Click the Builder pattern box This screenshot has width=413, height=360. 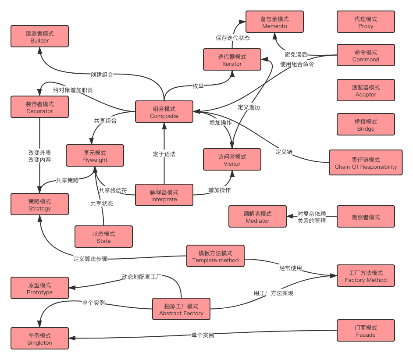tap(39, 37)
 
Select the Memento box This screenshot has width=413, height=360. tap(274, 22)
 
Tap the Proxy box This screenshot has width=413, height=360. tap(366, 22)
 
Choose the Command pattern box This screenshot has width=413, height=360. tap(366, 56)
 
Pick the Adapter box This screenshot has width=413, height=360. tap(366, 91)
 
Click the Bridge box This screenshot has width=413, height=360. tap(366, 125)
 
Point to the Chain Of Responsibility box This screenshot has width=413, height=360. tap(366, 163)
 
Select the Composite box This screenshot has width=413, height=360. tap(164, 112)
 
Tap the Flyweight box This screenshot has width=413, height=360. tap(95, 156)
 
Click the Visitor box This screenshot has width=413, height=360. tap(232, 160)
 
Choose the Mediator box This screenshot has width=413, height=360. tap(257, 217)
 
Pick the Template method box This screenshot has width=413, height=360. tap(215, 257)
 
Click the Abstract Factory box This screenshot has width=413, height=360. tap(181, 310)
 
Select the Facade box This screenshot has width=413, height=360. tap(366, 331)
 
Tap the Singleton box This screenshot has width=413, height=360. tap(39, 339)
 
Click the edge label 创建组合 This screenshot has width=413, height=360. tap(102, 75)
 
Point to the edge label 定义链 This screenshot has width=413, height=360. tap(284, 152)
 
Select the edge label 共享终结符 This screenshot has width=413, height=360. tap(113, 190)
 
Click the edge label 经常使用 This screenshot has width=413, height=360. tap(291, 267)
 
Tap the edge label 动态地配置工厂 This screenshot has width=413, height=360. tap(142, 277)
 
